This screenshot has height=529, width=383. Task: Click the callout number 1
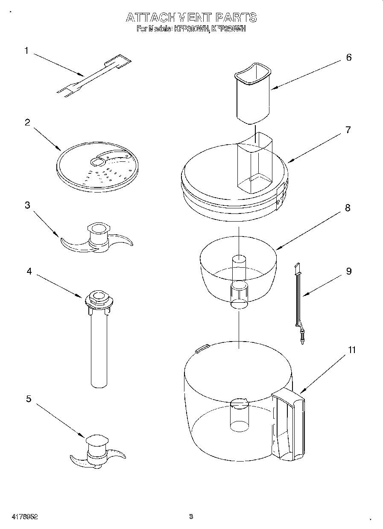pyautogui.click(x=26, y=51)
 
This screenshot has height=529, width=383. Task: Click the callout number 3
pyautogui.click(x=27, y=205)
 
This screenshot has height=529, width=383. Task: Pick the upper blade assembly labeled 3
pyautogui.click(x=97, y=239)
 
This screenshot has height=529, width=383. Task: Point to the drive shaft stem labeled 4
pyautogui.click(x=99, y=346)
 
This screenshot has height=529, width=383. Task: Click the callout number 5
pyautogui.click(x=28, y=399)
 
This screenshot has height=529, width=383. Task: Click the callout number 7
pyautogui.click(x=348, y=130)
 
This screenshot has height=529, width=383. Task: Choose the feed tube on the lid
pyautogui.click(x=255, y=162)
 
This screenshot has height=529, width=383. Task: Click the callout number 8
pyautogui.click(x=348, y=208)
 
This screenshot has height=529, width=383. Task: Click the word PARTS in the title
pyautogui.click(x=236, y=18)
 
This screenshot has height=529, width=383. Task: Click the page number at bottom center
pyautogui.click(x=191, y=517)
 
